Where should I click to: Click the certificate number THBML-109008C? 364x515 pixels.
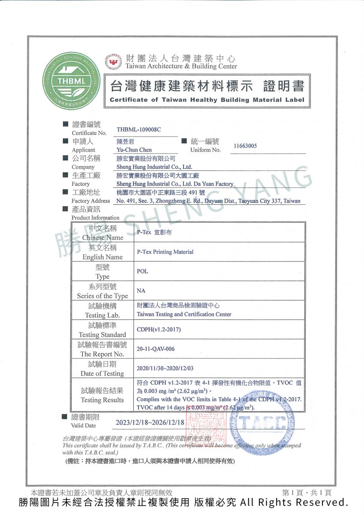coord(138,130)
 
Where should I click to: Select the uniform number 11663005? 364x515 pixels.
coord(245,146)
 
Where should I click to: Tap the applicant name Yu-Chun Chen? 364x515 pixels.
coord(134,150)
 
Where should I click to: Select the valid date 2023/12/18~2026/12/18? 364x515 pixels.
coord(150,423)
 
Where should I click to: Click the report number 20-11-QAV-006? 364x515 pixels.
coord(156,349)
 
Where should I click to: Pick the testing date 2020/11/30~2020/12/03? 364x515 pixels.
coord(165,369)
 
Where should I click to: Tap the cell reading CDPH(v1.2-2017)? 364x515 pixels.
coord(159,330)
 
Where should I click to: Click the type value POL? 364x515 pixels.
coord(142,271)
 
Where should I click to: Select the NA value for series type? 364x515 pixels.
coord(141,291)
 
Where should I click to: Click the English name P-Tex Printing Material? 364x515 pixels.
coord(165,252)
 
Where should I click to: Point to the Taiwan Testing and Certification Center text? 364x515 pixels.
coord(184,314)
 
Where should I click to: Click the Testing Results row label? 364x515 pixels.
coord(102,400)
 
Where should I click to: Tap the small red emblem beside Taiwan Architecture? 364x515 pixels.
coord(114,63)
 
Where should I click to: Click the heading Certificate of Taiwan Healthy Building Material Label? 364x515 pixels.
coord(207,100)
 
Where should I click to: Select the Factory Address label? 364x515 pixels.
coord(91,201)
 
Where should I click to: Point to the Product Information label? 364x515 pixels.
coord(95,218)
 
